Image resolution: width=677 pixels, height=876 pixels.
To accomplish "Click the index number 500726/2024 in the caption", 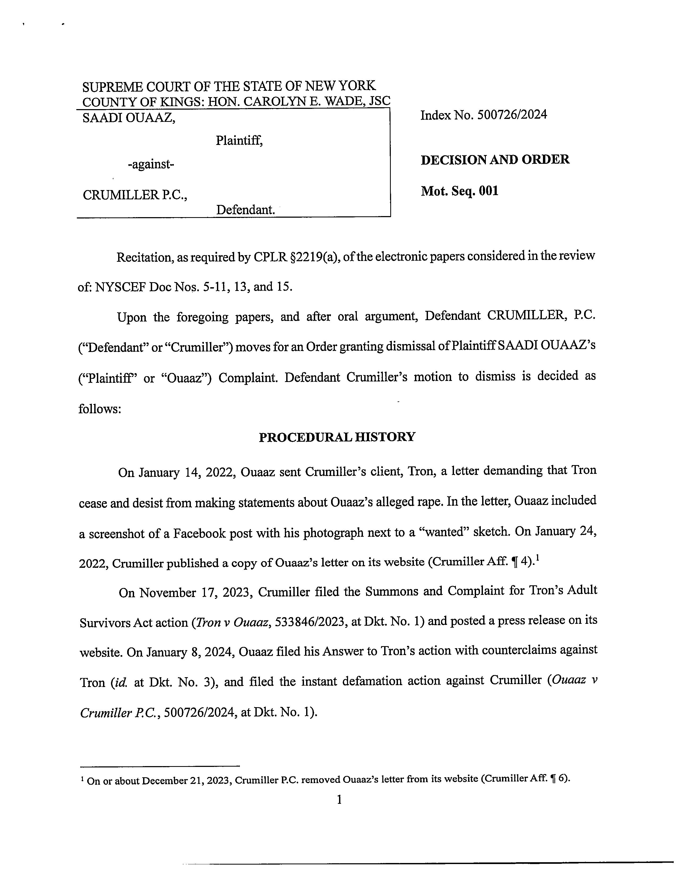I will (x=512, y=115).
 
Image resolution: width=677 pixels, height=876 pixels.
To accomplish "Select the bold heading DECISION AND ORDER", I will (x=495, y=160).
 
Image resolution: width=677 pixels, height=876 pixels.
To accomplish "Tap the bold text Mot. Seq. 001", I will (x=460, y=191).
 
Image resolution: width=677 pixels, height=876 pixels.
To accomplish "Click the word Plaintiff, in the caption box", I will (x=239, y=140).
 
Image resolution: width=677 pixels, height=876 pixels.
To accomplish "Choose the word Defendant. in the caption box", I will (x=246, y=210).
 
